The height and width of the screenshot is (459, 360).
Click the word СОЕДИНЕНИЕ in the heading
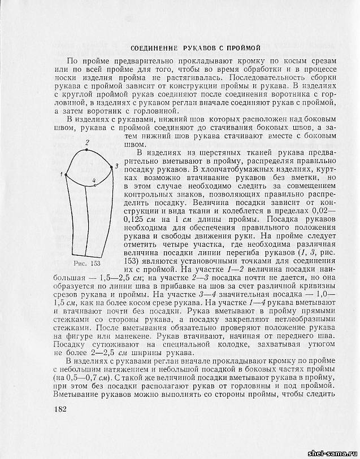point(155,49)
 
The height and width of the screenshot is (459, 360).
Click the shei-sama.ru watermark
point(331,453)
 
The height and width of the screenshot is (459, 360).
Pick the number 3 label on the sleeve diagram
point(116,166)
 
